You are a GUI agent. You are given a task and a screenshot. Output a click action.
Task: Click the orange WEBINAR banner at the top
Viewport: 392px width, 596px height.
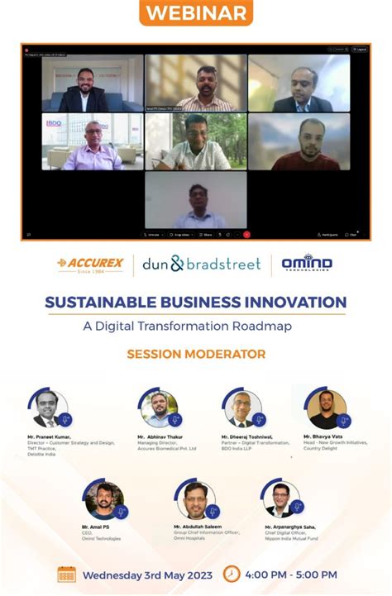pos(196,14)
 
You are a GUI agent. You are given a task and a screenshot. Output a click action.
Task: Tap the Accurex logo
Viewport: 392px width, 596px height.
pos(91,265)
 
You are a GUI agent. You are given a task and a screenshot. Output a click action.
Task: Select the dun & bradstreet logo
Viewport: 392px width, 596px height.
pos(202,265)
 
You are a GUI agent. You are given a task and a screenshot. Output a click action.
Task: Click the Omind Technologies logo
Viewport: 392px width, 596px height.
pos(307,264)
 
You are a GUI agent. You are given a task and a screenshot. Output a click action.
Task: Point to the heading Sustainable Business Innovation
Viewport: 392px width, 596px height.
pos(196,303)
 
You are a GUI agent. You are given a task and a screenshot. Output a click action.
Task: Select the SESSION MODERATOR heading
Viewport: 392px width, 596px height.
pos(196,355)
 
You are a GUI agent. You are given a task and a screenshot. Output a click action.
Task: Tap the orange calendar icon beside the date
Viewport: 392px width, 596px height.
pos(67,575)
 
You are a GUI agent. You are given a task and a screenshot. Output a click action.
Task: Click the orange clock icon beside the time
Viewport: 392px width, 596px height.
pos(232,575)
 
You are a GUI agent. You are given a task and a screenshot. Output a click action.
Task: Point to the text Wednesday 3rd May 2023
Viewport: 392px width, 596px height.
pos(146,575)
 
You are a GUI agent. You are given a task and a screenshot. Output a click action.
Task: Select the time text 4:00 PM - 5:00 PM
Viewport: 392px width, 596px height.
pos(292,575)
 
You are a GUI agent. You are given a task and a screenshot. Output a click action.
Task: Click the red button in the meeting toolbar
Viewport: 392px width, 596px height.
pos(246,235)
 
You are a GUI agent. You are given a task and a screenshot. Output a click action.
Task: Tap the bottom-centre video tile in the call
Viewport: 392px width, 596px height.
pos(196,200)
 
